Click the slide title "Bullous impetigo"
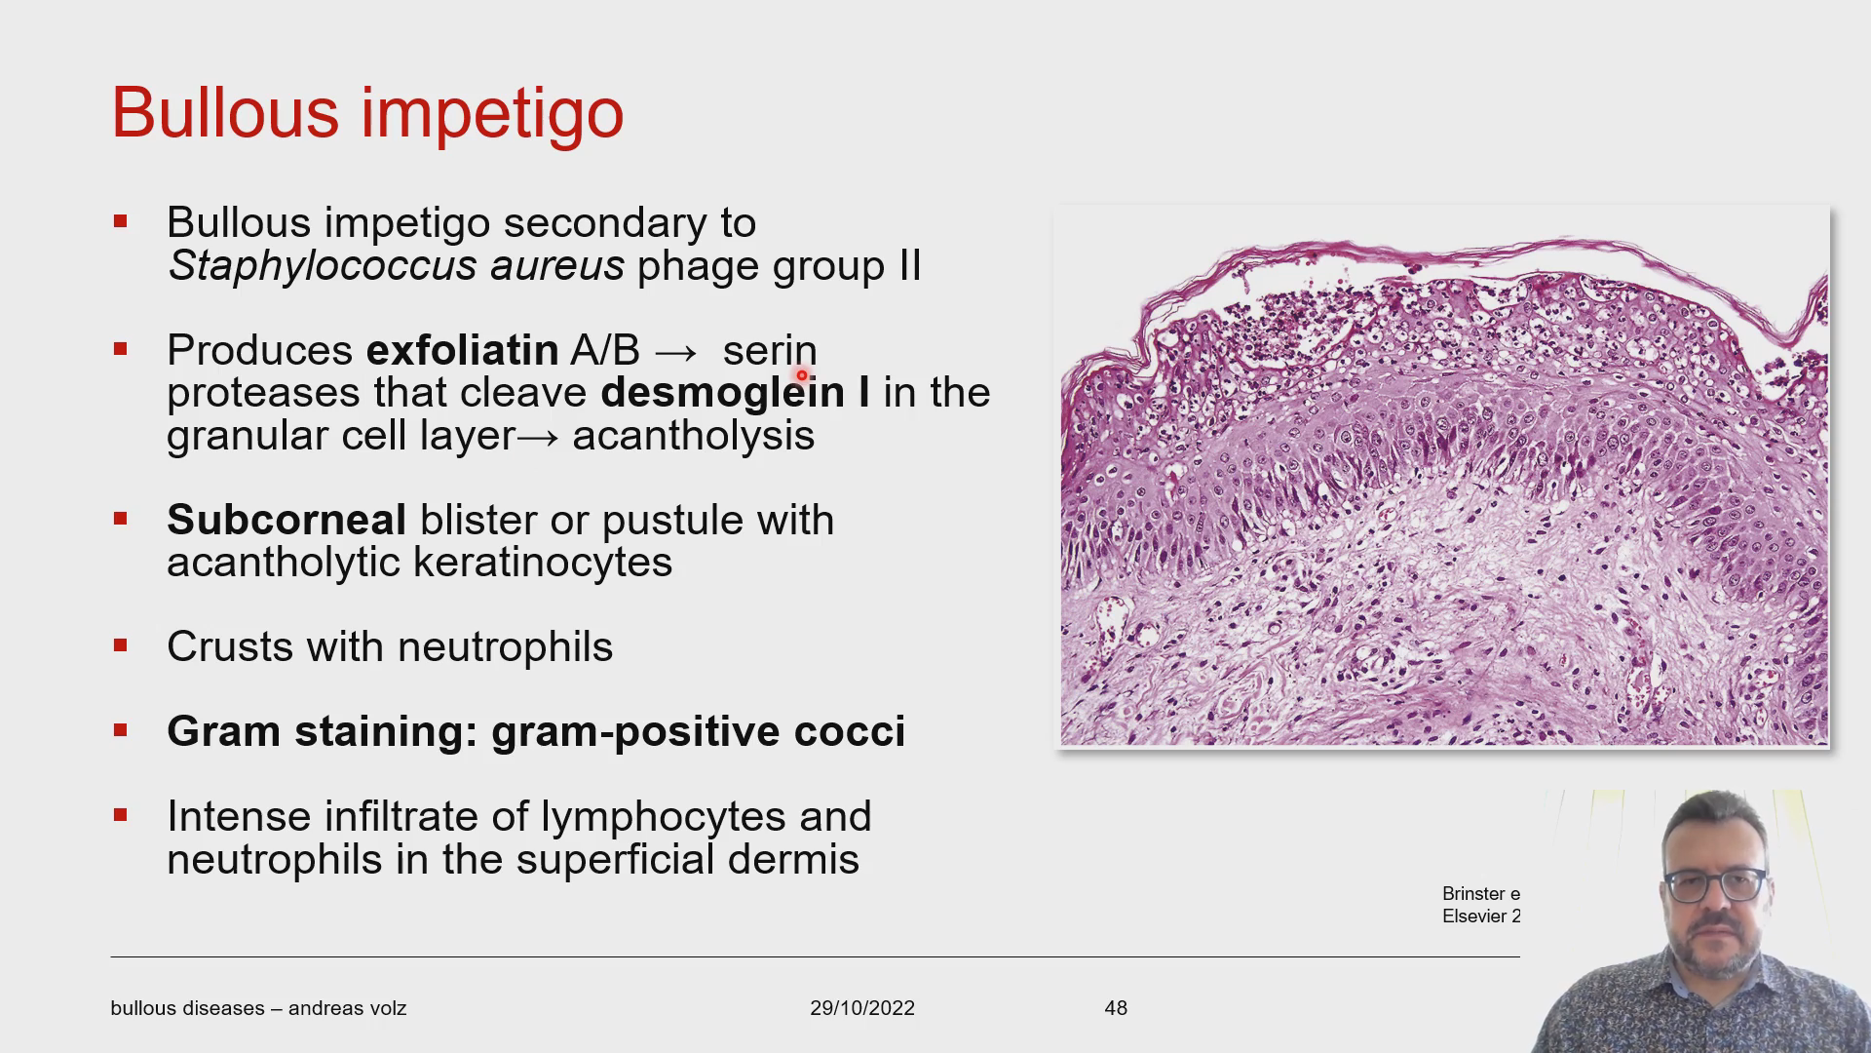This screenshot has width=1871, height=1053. tap(367, 114)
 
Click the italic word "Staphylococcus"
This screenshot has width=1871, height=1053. tap(322, 266)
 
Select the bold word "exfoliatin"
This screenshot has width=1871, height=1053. tap(462, 350)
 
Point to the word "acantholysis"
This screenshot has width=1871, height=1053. tap(693, 435)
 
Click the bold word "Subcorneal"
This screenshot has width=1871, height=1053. tap(286, 520)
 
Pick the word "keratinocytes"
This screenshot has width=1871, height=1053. tap(543, 563)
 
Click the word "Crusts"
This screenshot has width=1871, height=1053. tap(230, 646)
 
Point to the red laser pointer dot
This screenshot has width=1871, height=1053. tap(802, 375)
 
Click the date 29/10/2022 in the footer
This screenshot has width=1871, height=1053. tap(862, 1008)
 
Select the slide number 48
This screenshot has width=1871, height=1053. tap(1116, 1008)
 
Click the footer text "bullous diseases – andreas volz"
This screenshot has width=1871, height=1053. tap(258, 1008)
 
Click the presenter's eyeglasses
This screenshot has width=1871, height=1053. tap(1714, 885)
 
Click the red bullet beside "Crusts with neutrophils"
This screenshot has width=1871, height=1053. tap(121, 645)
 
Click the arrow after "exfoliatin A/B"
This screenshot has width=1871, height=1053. tap(676, 352)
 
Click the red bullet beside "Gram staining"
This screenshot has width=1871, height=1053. tap(121, 730)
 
